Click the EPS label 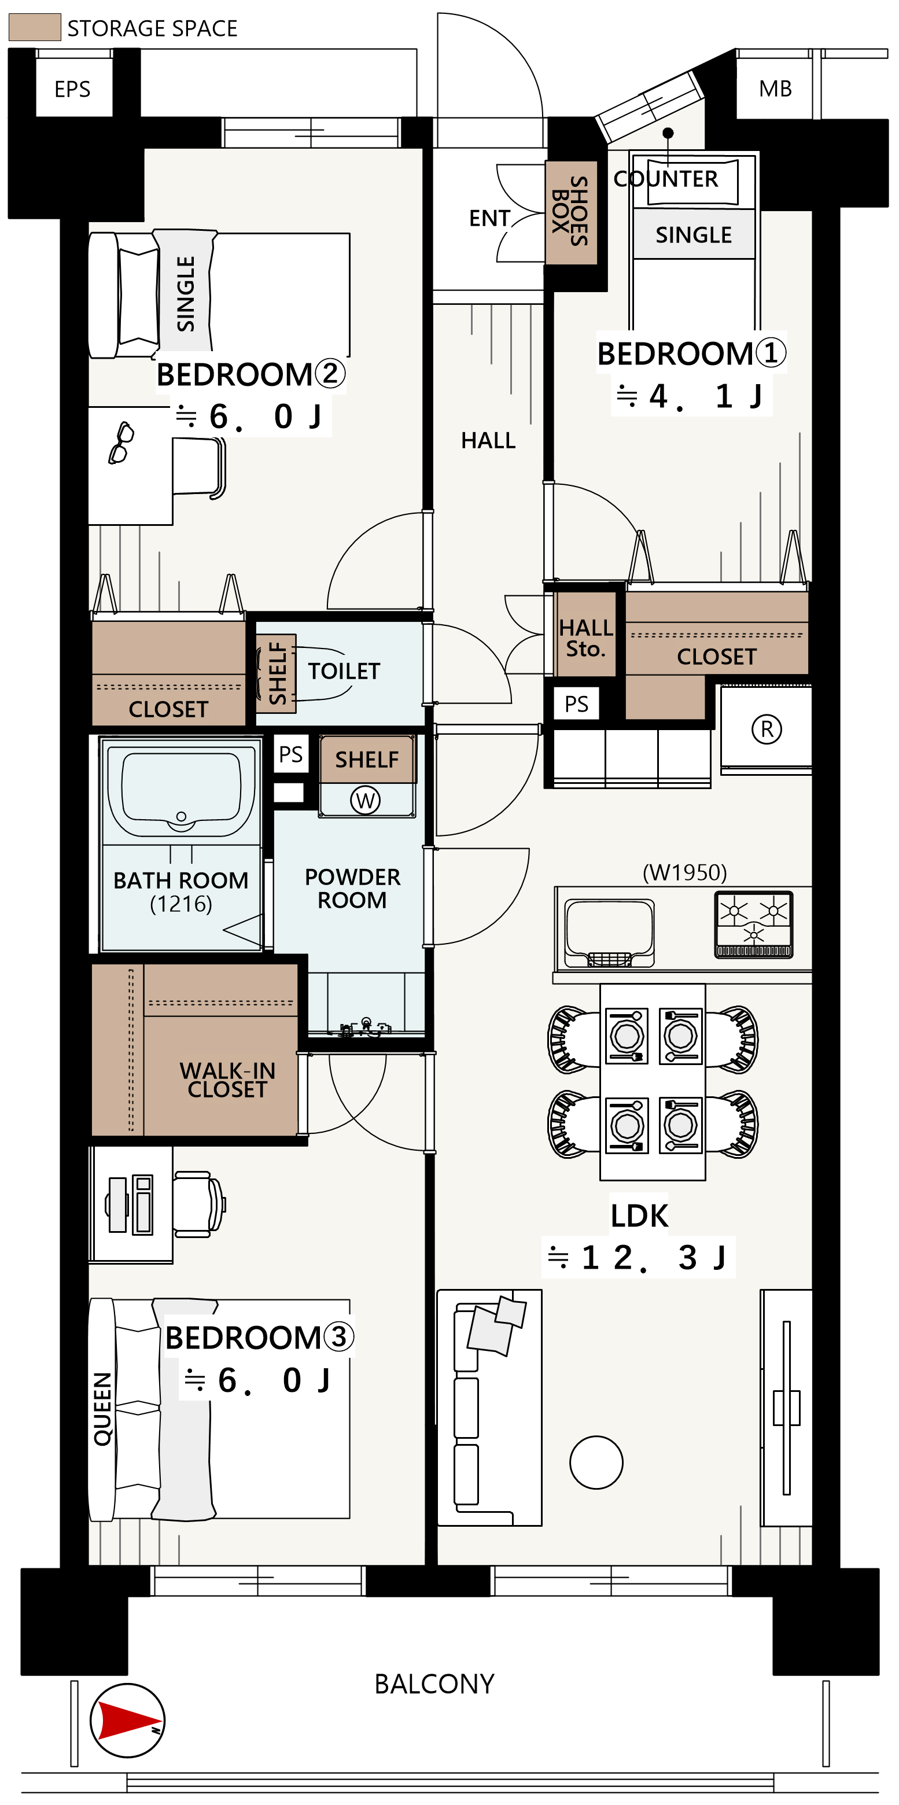click(x=72, y=89)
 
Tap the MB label click(x=775, y=89)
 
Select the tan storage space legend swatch click(x=34, y=27)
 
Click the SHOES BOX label click(x=570, y=212)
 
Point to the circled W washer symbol click(x=365, y=800)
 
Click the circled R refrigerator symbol click(x=767, y=729)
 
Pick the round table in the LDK click(x=596, y=1463)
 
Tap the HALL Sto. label click(x=586, y=638)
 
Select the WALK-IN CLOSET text click(x=227, y=1080)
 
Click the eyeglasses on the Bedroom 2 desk click(x=120, y=443)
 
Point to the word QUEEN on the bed click(x=102, y=1408)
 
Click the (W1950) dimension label click(x=684, y=872)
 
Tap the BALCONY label click(x=434, y=1684)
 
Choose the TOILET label click(x=344, y=671)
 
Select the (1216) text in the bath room click(x=180, y=904)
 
